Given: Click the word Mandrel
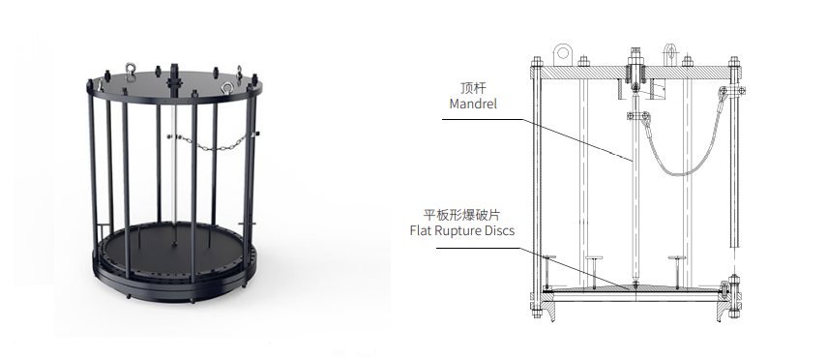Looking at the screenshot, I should click(473, 104).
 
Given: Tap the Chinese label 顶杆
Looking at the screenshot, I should click(473, 87).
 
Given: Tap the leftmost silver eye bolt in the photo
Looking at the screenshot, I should click(129, 69).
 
